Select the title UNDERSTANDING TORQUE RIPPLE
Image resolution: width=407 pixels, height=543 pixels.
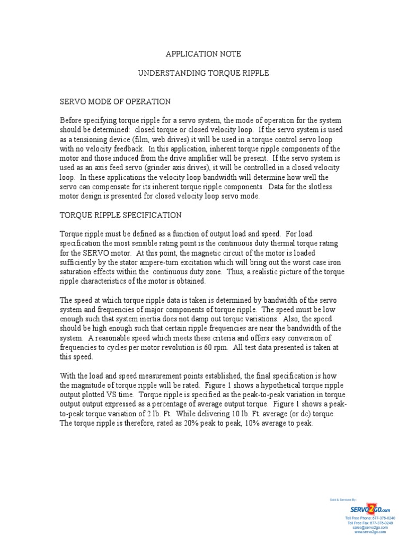point(203,73)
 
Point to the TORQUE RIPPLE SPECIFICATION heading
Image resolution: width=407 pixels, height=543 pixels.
point(121,215)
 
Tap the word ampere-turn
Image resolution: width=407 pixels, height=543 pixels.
point(183,262)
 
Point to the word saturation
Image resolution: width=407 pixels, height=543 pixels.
point(76,272)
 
